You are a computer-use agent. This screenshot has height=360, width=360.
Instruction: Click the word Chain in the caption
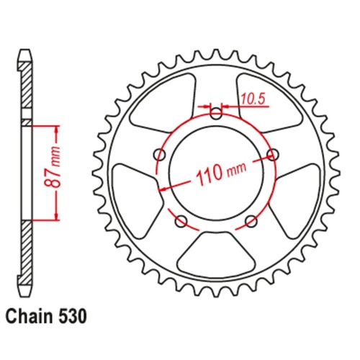(x=27, y=316)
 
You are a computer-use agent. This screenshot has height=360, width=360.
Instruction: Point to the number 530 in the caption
(x=75, y=316)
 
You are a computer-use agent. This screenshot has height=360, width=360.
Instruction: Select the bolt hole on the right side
(x=273, y=154)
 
